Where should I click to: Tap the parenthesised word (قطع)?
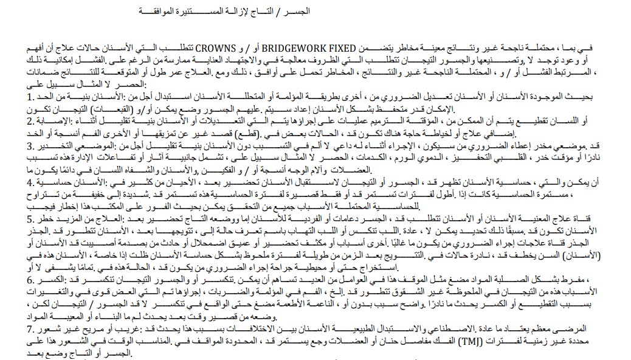point(274,133)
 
